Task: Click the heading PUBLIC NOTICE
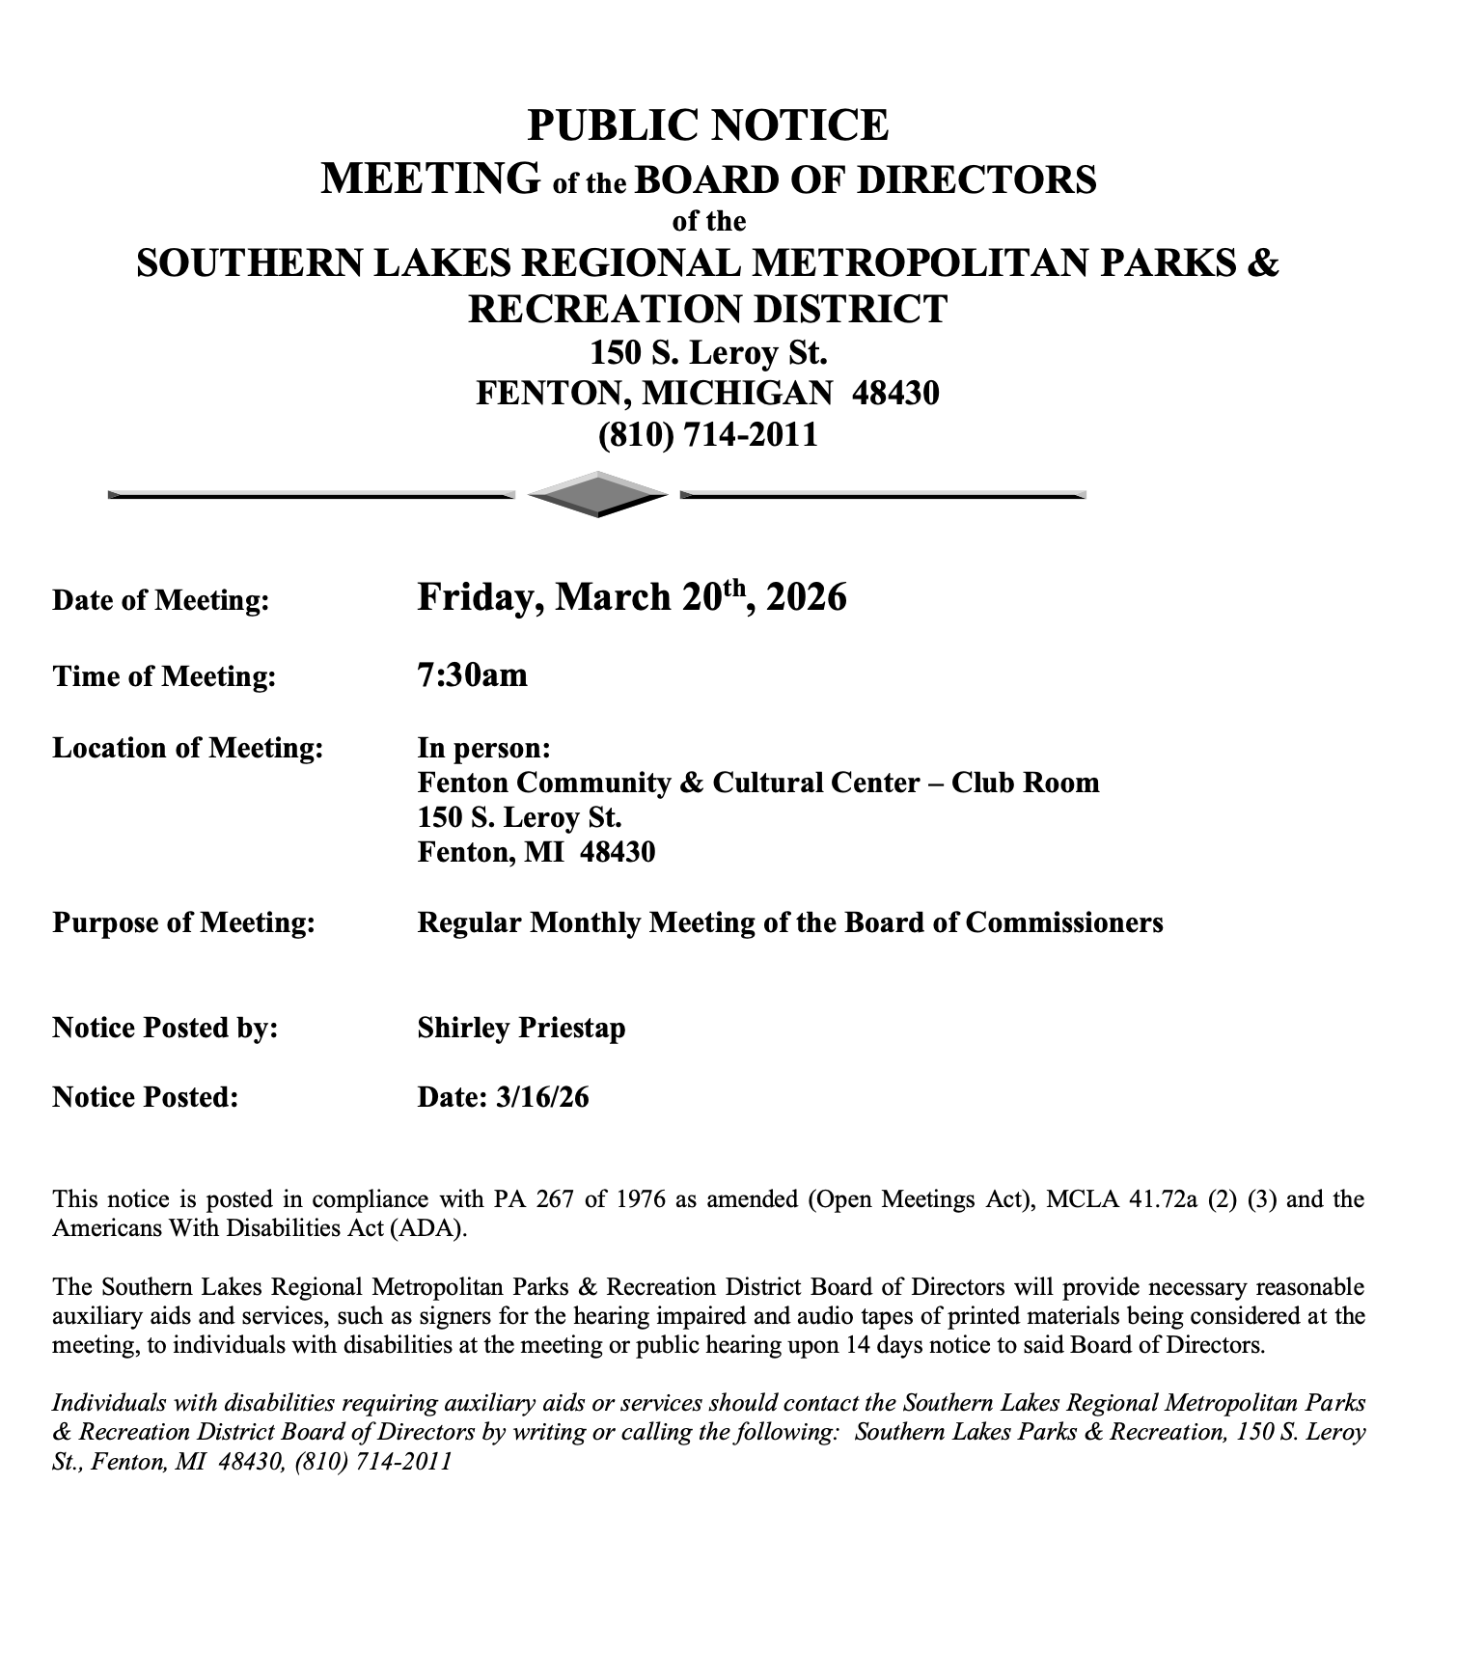[x=707, y=126]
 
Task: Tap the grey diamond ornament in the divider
[x=598, y=495]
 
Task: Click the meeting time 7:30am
[x=473, y=674]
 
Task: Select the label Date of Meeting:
[x=161, y=600]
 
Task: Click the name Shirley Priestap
[x=521, y=1028]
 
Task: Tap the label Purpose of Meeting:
[x=183, y=922]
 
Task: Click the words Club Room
[x=1026, y=782]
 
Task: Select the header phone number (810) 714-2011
[x=707, y=434]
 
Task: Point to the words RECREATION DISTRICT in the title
[x=707, y=309]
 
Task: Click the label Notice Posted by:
[x=165, y=1028]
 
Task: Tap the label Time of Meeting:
[x=164, y=675]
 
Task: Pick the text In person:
[x=484, y=748]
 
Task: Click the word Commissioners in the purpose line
[x=1064, y=922]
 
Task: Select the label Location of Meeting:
[x=188, y=748]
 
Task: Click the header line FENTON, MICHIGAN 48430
[x=707, y=393]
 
